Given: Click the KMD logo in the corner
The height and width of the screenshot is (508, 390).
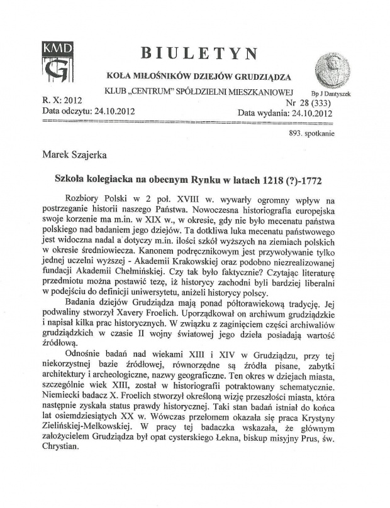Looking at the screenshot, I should (58, 61).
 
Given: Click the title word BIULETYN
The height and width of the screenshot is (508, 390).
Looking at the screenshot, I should (201, 53).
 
